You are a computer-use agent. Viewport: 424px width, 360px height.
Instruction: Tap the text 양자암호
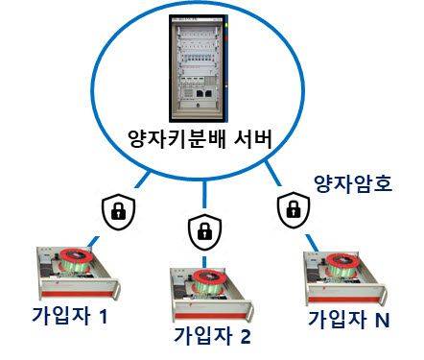click(353, 182)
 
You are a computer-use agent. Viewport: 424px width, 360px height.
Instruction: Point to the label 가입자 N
click(348, 318)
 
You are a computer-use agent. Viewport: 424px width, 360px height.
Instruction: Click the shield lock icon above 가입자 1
click(118, 210)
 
